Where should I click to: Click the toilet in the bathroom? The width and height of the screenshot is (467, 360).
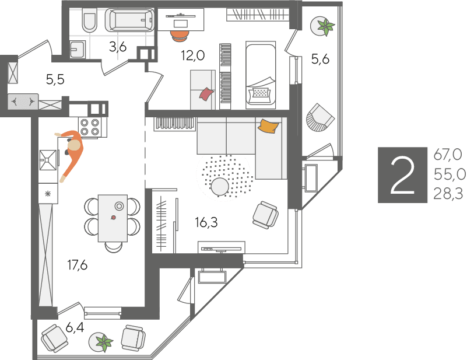[x=90, y=20]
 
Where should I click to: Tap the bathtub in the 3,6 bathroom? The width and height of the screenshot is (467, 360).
[x=129, y=20]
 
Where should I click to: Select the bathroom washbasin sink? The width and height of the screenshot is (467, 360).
[x=78, y=49]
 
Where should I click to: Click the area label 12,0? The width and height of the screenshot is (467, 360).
[x=193, y=55]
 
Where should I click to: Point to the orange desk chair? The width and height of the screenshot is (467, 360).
[x=180, y=36]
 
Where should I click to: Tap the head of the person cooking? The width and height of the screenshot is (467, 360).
[x=74, y=146]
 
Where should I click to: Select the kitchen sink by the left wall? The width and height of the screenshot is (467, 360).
[x=48, y=159]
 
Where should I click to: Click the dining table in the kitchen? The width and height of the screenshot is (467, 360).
[x=113, y=218]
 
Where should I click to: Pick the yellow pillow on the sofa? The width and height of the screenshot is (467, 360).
[x=269, y=126]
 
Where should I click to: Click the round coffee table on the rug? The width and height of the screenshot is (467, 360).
[x=220, y=187]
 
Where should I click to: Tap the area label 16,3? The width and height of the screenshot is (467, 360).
[x=206, y=222]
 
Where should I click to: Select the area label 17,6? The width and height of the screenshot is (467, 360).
[x=78, y=265]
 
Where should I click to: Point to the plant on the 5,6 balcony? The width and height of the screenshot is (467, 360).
[x=326, y=26]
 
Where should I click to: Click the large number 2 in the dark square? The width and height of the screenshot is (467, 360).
[x=402, y=175]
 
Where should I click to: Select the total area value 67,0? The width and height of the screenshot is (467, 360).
[x=448, y=155]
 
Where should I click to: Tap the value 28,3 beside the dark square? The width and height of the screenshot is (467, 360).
[x=448, y=194]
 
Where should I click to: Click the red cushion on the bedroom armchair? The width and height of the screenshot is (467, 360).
[x=206, y=94]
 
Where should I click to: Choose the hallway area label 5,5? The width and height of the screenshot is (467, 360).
[x=55, y=79]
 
